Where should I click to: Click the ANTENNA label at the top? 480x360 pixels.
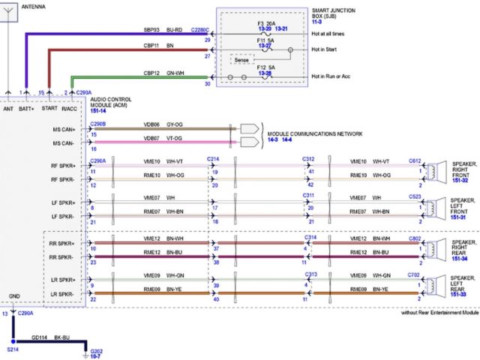[32, 6]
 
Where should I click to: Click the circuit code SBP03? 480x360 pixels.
[152, 30]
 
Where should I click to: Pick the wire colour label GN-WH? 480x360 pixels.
[175, 73]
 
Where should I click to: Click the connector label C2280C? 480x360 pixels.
[200, 30]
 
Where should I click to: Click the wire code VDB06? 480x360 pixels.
[152, 124]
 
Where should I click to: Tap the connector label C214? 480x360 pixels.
[214, 160]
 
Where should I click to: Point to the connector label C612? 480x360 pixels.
[415, 160]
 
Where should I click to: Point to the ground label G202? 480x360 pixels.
[96, 351]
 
